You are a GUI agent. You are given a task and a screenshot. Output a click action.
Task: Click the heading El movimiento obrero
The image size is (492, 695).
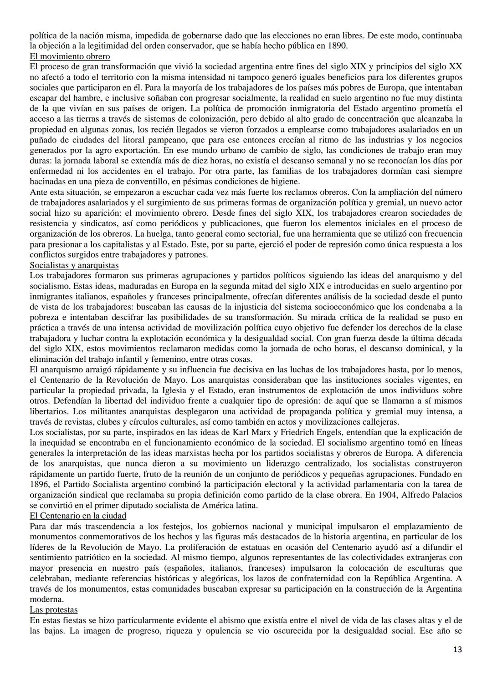pyautogui.click(x=70, y=56)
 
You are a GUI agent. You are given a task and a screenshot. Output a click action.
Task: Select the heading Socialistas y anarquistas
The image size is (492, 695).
pyautogui.click(x=74, y=265)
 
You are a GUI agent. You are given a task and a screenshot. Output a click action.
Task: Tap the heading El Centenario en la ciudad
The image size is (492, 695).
pyautogui.click(x=78, y=516)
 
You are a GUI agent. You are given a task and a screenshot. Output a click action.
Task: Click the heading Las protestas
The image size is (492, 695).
pyautogui.click(x=53, y=610)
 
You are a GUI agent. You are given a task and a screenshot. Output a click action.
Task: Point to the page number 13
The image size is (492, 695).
pyautogui.click(x=457, y=649)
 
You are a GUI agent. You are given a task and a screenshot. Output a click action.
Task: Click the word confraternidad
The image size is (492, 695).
pyautogui.click(x=321, y=578)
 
